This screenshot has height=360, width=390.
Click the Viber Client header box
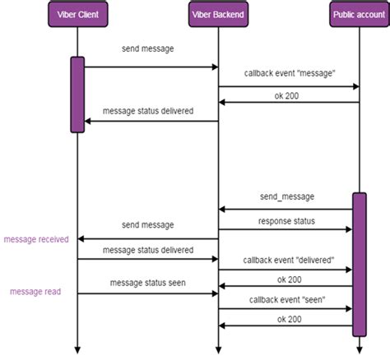[77, 14]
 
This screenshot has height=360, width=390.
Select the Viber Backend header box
[218, 14]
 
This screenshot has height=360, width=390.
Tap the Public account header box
[359, 14]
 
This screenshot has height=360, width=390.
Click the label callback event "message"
[288, 74]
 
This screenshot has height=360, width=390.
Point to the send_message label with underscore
[287, 197]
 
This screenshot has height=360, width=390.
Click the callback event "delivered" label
[288, 260]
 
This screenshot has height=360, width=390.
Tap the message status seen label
[148, 283]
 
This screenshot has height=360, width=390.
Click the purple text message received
[38, 239]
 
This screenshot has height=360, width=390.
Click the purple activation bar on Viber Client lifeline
[77, 94]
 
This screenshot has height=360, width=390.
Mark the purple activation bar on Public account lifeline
[359, 263]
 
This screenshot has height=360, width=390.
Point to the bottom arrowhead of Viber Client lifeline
[77, 348]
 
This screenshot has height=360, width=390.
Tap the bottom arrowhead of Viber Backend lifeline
[218, 348]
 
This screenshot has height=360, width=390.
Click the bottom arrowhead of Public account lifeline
[359, 348]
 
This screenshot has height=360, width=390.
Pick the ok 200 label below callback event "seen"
[288, 319]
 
